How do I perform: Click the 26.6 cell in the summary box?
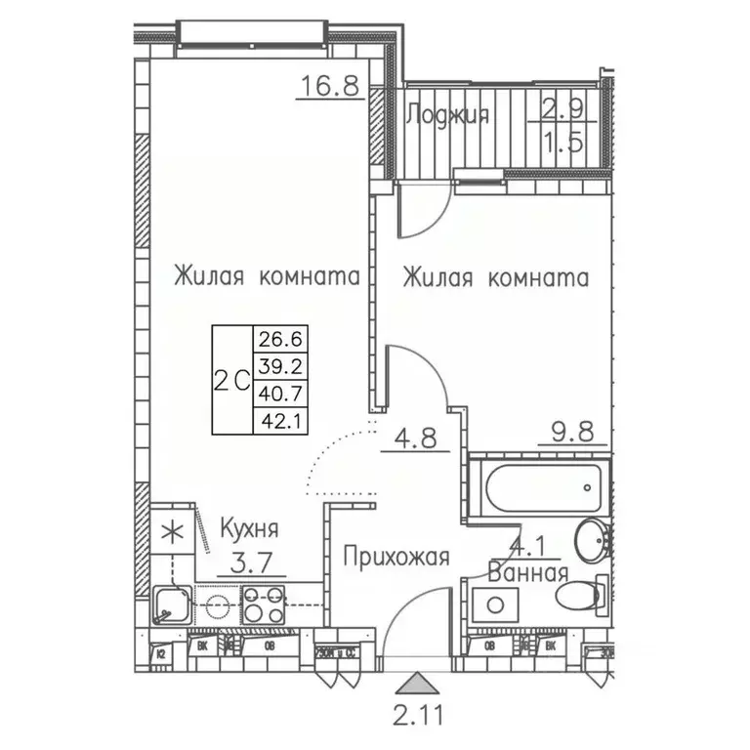(x=278, y=339)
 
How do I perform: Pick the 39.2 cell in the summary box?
(x=278, y=366)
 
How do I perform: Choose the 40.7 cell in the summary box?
(x=278, y=394)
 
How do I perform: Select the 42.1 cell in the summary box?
(x=278, y=421)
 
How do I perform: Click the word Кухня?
(x=248, y=530)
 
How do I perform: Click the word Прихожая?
(x=396, y=558)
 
